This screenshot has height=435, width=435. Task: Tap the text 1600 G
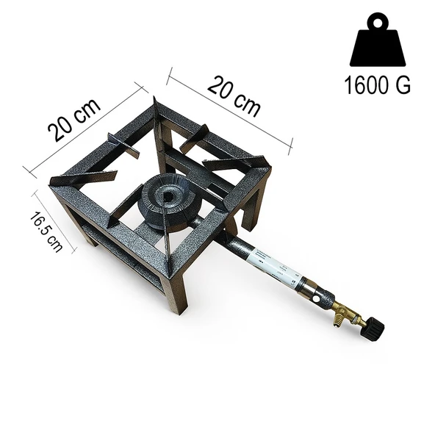[x=377, y=86]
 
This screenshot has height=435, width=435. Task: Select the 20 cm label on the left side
[x=74, y=120]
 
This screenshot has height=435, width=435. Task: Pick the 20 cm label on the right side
[x=234, y=96]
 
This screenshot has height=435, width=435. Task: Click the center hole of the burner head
[x=170, y=196]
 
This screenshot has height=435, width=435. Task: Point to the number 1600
[x=366, y=86]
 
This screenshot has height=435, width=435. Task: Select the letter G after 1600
[x=402, y=86]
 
